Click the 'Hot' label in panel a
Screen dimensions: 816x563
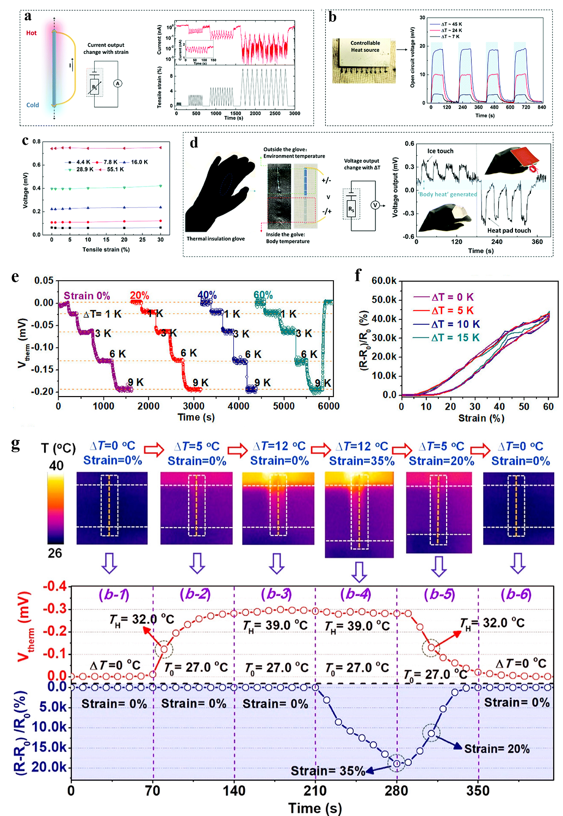coord(32,33)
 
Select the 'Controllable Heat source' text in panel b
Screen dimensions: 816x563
coord(365,46)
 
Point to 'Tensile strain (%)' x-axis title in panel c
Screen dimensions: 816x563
coord(106,250)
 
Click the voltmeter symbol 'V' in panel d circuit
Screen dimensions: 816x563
coord(375,205)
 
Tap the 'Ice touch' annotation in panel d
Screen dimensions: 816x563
coord(440,151)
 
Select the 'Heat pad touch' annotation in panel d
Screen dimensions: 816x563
coord(509,231)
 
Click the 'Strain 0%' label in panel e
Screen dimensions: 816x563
coord(87,296)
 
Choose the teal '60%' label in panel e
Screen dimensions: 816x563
coord(263,295)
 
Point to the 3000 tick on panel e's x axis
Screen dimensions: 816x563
coord(194,406)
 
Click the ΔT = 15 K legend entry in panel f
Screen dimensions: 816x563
coord(455,338)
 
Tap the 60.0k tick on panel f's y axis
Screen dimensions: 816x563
coord(384,281)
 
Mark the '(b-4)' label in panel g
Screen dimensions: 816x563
coord(357,595)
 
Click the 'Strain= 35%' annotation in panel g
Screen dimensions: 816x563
coord(328,771)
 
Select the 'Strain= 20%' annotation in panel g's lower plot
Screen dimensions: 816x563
coord(497,749)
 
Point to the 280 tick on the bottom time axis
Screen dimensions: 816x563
coord(396,791)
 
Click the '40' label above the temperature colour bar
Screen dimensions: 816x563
coord(56,466)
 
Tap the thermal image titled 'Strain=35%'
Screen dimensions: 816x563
coord(359,514)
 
